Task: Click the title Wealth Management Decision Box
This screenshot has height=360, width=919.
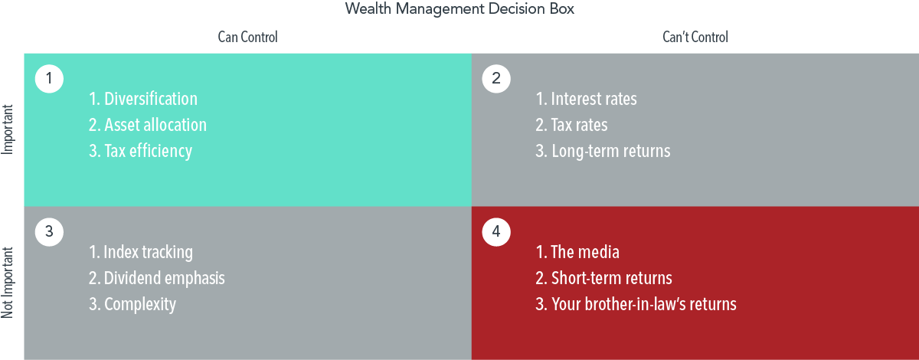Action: pyautogui.click(x=459, y=9)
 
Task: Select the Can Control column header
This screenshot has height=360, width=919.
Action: pyautogui.click(x=248, y=37)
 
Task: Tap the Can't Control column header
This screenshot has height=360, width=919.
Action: pyautogui.click(x=695, y=37)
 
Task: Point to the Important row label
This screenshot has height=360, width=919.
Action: pyautogui.click(x=8, y=129)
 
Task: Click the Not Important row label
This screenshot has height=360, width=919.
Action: pyautogui.click(x=8, y=283)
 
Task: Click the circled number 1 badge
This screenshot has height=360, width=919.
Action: pyautogui.click(x=49, y=78)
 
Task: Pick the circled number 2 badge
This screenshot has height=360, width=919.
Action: pyautogui.click(x=496, y=78)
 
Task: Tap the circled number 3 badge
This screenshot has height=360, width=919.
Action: pyautogui.click(x=49, y=231)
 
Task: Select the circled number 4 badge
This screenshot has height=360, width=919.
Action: pyautogui.click(x=496, y=231)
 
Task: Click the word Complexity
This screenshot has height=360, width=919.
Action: pyautogui.click(x=140, y=305)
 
